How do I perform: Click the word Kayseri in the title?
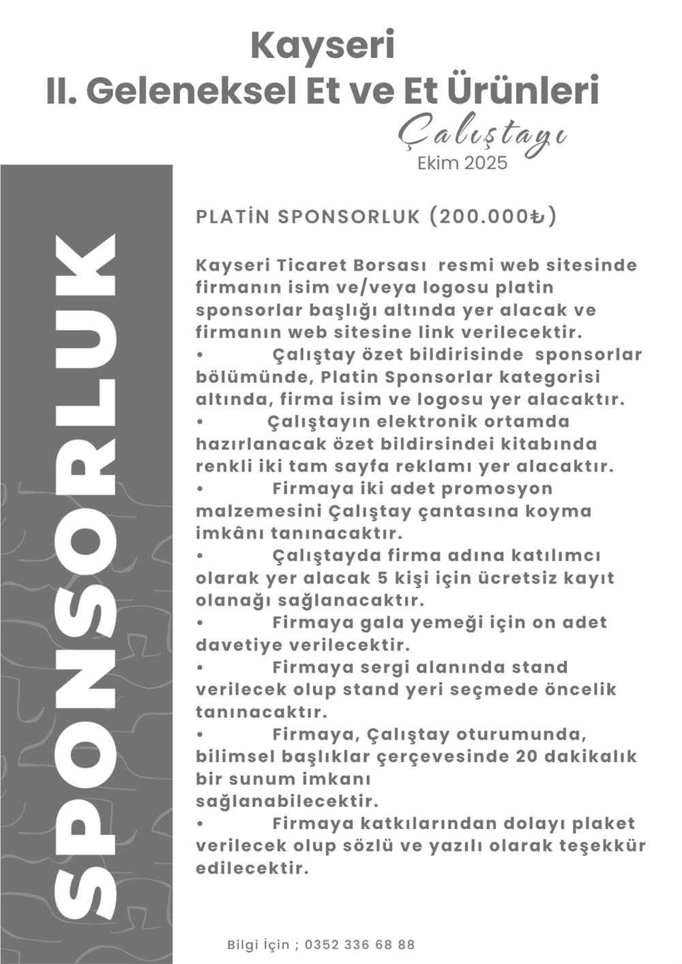323,46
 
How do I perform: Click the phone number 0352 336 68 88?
359,945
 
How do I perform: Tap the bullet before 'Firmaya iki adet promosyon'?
200,489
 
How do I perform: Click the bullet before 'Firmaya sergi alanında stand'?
200,667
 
